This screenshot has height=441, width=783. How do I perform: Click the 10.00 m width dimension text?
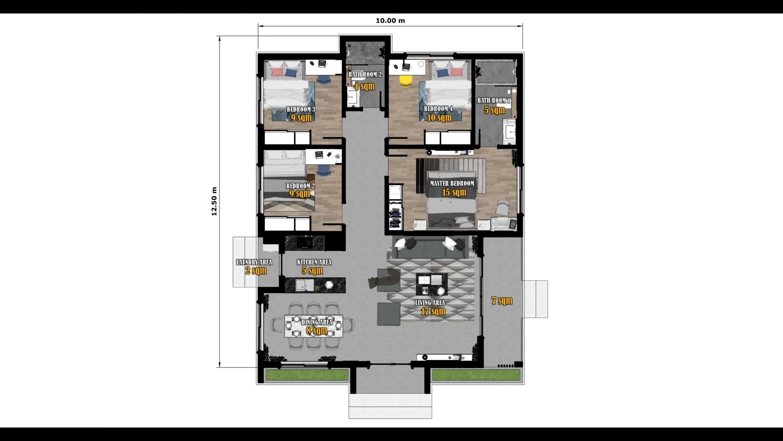pos(390,20)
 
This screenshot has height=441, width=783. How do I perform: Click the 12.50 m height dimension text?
pos(214,201)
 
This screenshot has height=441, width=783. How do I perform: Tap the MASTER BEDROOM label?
pos(452,183)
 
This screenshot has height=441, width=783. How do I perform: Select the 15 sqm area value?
pos(454,192)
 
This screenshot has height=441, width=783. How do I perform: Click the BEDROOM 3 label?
pos(301,109)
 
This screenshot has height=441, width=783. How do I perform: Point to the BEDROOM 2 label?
pos(300,186)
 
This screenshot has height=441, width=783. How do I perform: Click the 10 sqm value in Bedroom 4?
pos(439,118)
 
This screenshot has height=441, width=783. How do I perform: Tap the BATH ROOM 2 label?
pos(365,74)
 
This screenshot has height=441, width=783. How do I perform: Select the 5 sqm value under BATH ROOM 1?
pos(494,110)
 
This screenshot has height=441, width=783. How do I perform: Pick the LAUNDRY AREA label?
pos(254,262)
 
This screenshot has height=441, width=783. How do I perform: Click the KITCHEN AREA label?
pos(314,262)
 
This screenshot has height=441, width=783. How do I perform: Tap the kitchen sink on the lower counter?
pos(301,285)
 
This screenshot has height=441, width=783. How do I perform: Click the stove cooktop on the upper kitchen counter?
pos(304,243)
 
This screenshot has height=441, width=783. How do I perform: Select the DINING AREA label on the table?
pos(317,322)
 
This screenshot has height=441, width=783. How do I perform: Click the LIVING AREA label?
pos(430,303)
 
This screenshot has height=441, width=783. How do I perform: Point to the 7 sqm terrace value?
pos(502,301)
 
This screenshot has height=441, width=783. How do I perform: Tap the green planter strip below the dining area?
pos(307,375)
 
